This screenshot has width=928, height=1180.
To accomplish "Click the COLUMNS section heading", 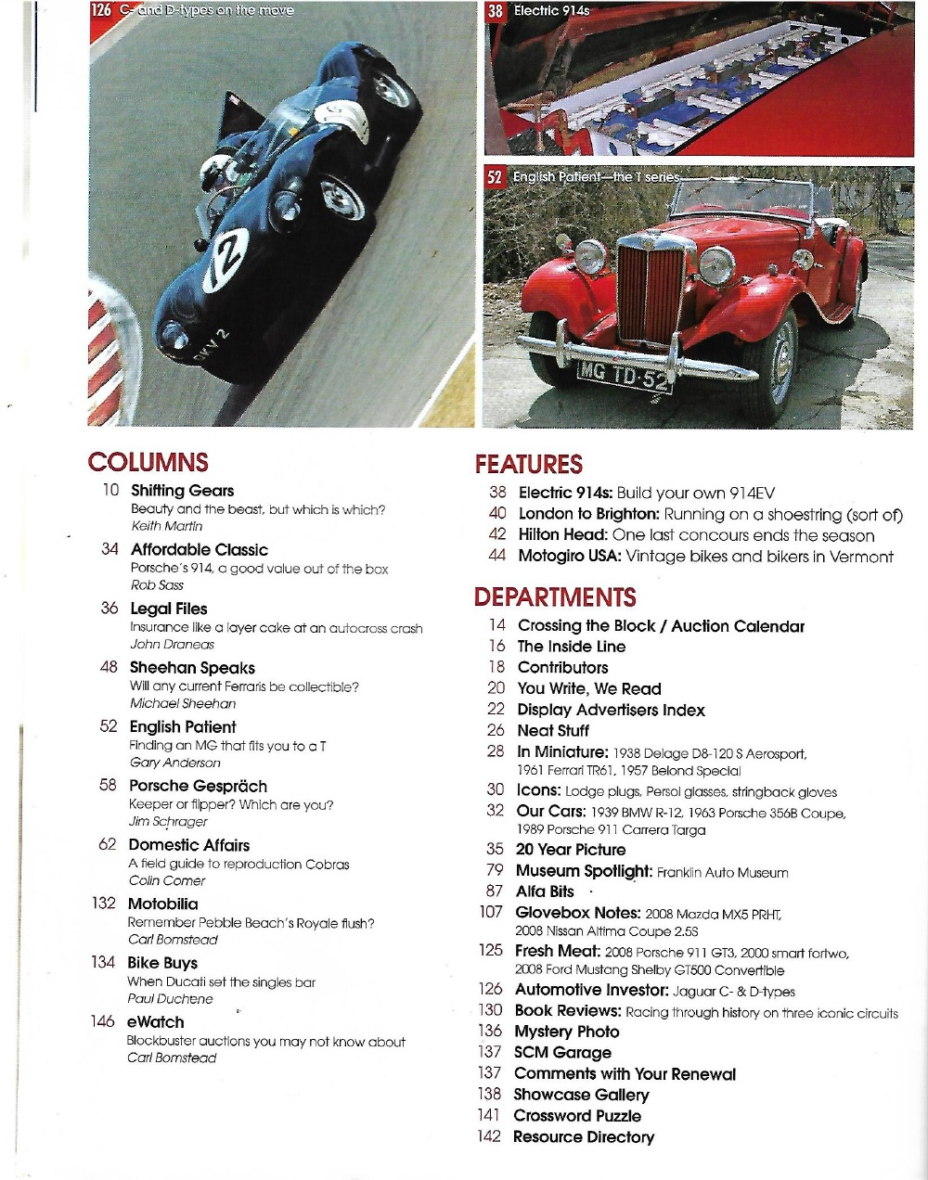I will tap(148, 463).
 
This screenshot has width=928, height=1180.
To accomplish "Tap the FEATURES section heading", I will tap(528, 465).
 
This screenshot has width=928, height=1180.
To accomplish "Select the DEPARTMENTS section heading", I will tap(555, 596).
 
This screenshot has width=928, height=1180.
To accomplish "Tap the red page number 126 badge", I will tap(103, 11).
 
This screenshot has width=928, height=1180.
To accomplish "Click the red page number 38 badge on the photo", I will tap(496, 11).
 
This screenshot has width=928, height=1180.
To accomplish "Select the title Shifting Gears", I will tap(182, 491).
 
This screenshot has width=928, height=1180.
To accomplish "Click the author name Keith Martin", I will tap(166, 526).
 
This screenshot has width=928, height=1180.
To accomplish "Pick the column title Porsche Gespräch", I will tap(198, 786).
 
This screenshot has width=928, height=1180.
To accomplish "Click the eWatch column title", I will tap(155, 1021).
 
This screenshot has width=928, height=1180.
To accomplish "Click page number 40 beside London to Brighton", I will tap(497, 514).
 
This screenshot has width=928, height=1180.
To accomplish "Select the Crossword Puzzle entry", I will tap(577, 1116).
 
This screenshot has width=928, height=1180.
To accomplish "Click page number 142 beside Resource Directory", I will tap(489, 1136).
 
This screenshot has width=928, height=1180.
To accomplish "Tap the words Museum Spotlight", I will tap(584, 871).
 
